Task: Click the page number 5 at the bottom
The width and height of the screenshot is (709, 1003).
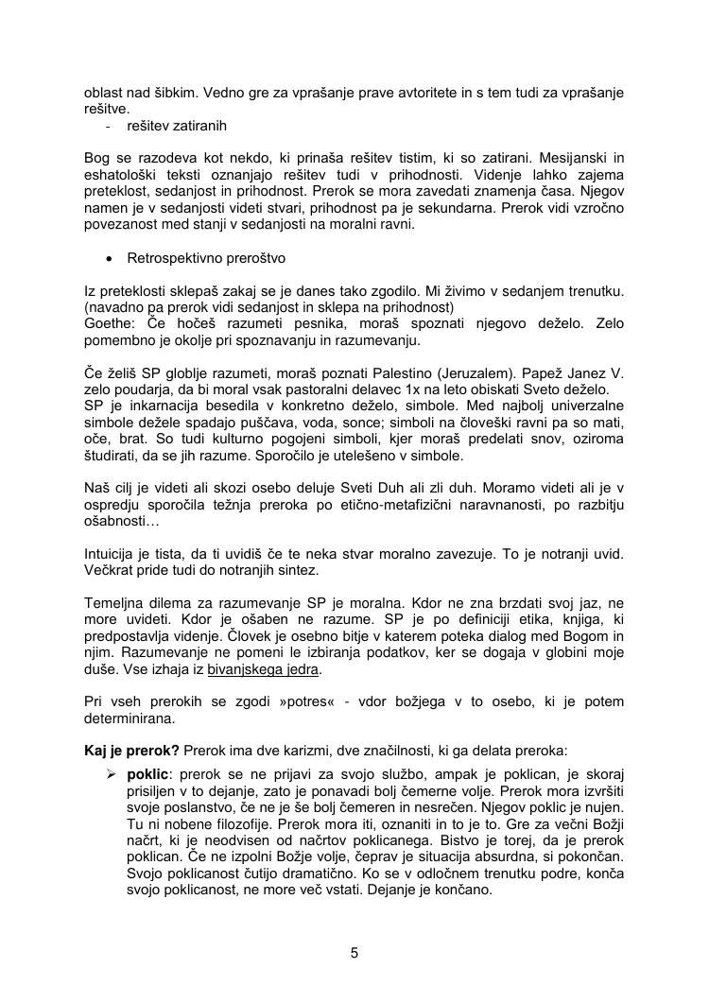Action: (x=354, y=953)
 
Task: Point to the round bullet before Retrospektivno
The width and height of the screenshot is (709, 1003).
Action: (x=111, y=258)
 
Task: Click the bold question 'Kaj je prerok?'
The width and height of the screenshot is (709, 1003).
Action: (x=131, y=750)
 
